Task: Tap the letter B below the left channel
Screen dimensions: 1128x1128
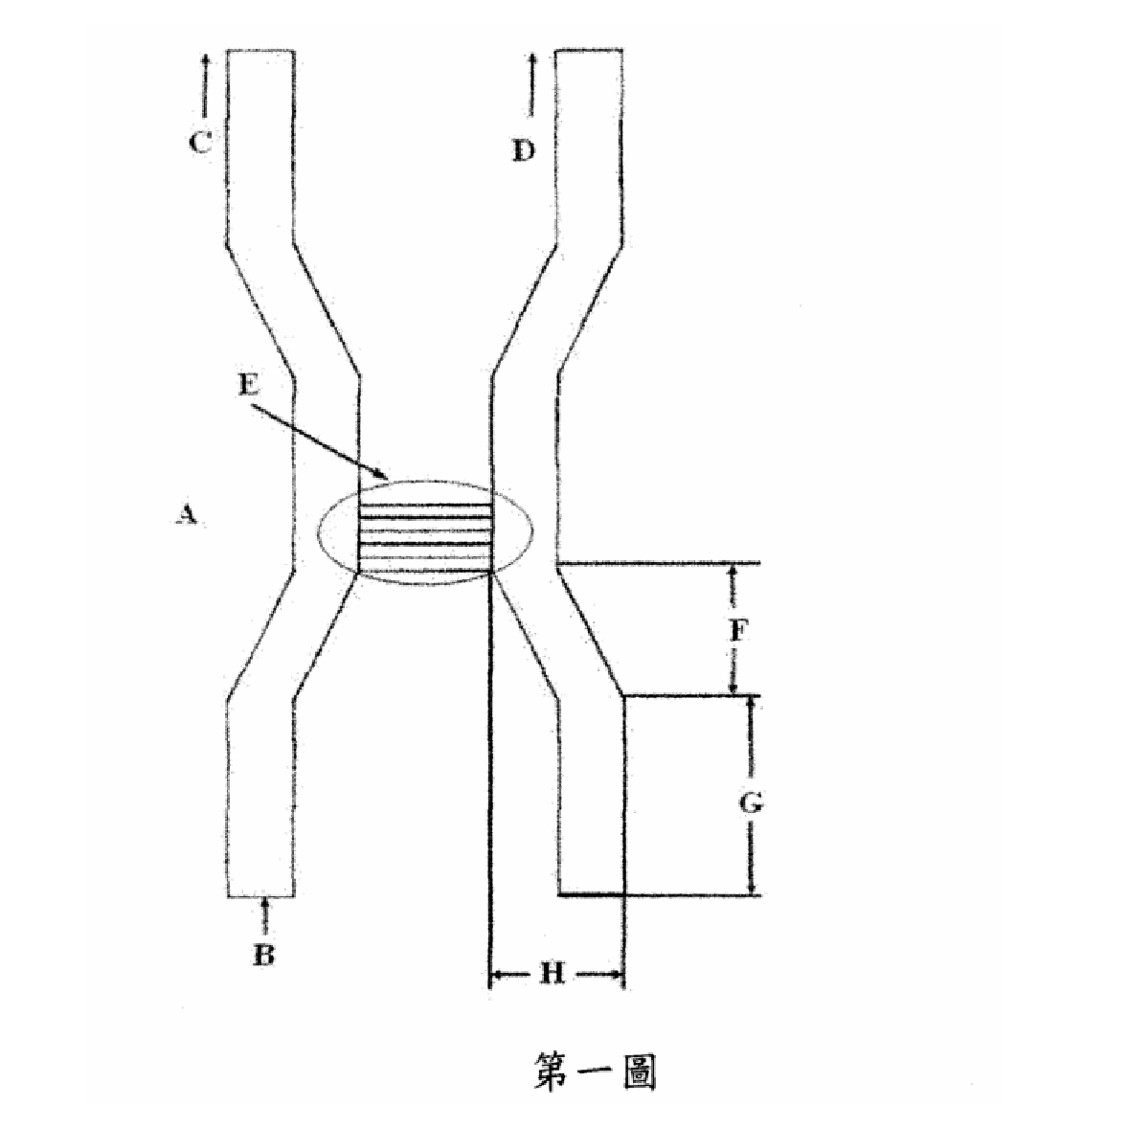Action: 264,955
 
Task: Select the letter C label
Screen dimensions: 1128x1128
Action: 200,143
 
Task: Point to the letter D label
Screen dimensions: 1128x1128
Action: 524,151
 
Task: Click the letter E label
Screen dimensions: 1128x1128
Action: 248,385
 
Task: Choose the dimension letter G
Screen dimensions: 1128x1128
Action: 751,802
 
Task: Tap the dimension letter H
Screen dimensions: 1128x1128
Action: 552,974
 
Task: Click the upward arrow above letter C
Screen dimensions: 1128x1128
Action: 206,85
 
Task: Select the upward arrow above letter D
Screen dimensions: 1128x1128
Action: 532,85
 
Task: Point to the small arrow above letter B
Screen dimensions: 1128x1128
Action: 265,915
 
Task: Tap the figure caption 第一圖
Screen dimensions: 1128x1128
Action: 595,1072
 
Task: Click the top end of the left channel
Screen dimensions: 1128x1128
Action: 260,51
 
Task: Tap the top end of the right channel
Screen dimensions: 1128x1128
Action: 589,51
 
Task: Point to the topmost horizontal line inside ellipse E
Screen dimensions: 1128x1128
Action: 425,505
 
